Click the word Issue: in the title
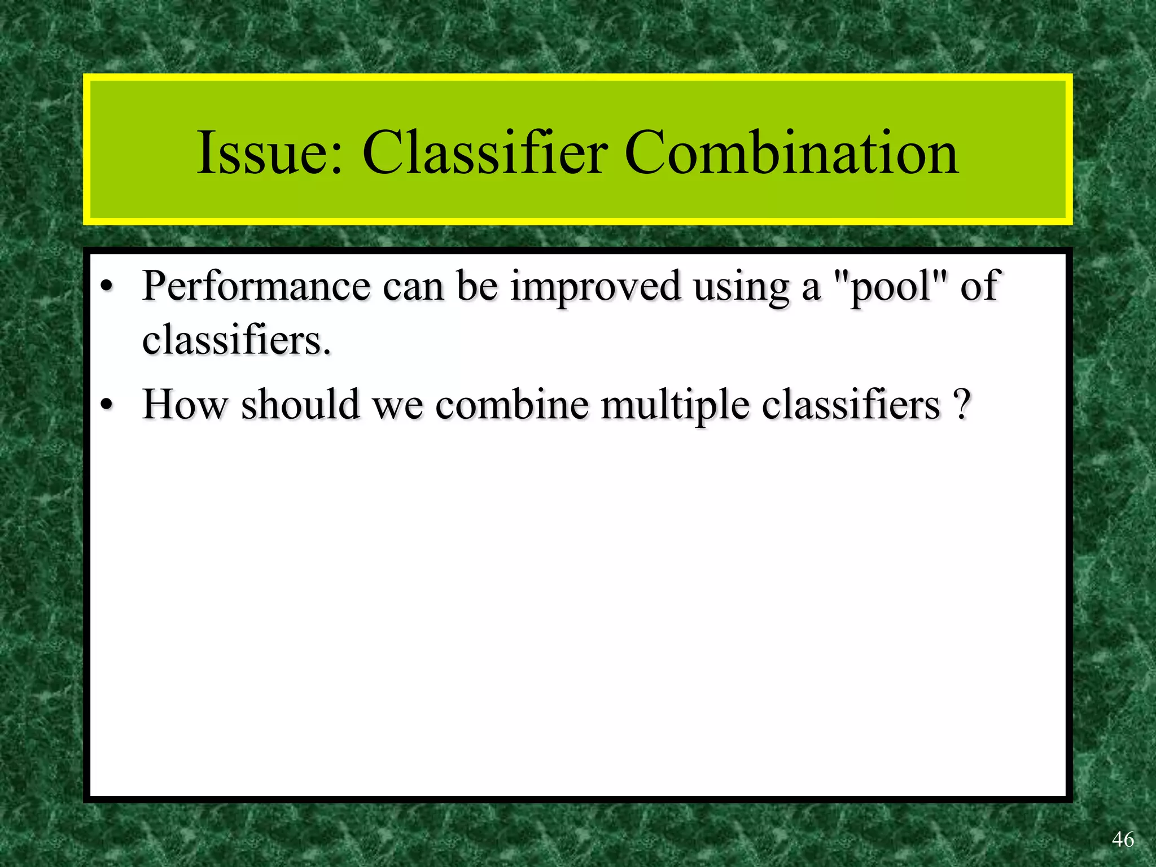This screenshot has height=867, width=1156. (270, 152)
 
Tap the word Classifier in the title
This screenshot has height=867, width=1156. (485, 152)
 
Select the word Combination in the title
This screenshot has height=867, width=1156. (791, 152)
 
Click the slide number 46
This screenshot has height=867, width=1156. (1123, 839)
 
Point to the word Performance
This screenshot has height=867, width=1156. (256, 287)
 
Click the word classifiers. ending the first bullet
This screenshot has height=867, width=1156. (237, 341)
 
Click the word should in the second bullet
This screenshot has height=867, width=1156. (300, 405)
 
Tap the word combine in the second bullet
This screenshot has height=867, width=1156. (511, 405)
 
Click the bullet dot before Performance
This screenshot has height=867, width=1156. (107, 288)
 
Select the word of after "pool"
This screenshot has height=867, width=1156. (980, 287)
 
